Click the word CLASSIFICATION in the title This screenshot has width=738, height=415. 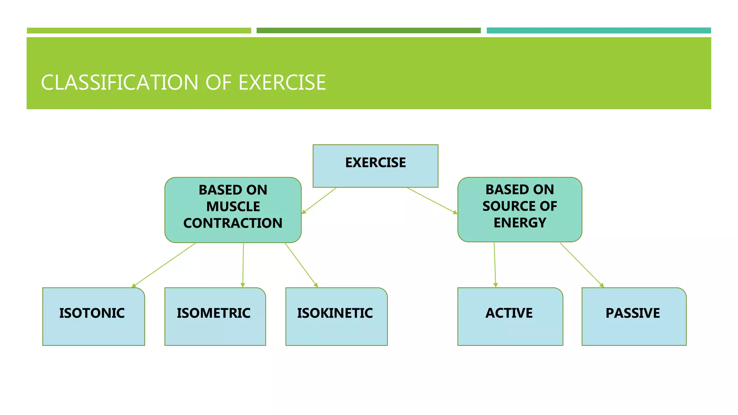pyautogui.click(x=119, y=82)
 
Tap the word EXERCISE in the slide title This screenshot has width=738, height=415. pyautogui.click(x=282, y=82)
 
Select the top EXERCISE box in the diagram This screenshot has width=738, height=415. pyautogui.click(x=375, y=166)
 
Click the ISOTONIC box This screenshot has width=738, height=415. pyautogui.click(x=93, y=316)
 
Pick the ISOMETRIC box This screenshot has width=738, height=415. pyautogui.click(x=215, y=316)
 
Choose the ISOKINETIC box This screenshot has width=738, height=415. pyautogui.click(x=336, y=316)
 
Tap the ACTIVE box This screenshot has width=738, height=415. pyautogui.click(x=510, y=316)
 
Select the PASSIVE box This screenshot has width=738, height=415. pyautogui.click(x=633, y=316)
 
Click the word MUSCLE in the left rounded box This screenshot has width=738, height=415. pyautogui.click(x=233, y=207)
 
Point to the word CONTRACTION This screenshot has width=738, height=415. pyautogui.click(x=233, y=223)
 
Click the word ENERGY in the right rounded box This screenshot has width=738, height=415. pyautogui.click(x=520, y=223)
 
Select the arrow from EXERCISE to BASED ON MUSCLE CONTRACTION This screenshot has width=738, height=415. pyautogui.click(x=319, y=200)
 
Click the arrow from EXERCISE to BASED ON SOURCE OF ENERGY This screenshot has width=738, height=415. pyautogui.click(x=432, y=200)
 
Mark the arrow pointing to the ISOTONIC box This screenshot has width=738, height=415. pyautogui.click(x=164, y=265)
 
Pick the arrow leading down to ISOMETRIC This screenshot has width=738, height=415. pyautogui.click(x=243, y=265)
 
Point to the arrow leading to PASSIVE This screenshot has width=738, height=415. pyautogui.click(x=581, y=265)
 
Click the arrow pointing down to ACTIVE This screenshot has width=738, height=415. pyautogui.click(x=495, y=265)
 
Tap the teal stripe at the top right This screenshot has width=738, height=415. pyautogui.click(x=599, y=31)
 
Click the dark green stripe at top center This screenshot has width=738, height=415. pyautogui.click(x=368, y=31)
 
